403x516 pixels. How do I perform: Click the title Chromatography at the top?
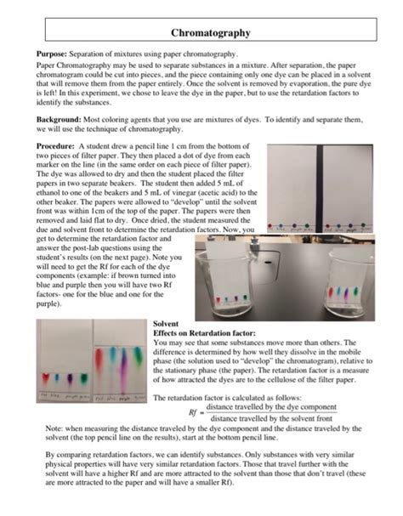(x=210, y=32)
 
